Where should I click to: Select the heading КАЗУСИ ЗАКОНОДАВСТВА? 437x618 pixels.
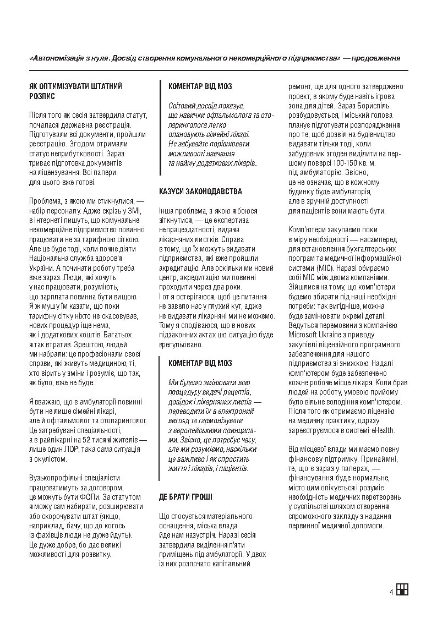tap(200, 191)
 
